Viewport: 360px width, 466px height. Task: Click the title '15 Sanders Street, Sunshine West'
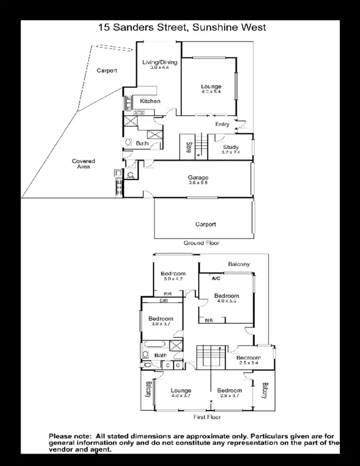[x=182, y=27]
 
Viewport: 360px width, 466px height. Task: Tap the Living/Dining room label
[x=160, y=62]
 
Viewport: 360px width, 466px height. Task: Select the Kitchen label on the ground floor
[x=150, y=101]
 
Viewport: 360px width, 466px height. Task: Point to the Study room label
[x=230, y=147]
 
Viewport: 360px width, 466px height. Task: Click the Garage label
[x=198, y=178]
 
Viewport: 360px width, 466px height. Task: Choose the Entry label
[x=222, y=124]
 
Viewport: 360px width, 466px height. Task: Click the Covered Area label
[x=84, y=164]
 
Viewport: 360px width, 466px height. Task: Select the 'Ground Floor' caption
[x=202, y=243]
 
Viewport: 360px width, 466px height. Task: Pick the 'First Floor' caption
[x=207, y=417]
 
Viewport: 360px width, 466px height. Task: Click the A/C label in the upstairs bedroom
[x=216, y=278]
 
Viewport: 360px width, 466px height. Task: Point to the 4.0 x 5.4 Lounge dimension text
[x=211, y=92]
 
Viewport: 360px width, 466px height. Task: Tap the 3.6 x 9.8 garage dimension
[x=198, y=182]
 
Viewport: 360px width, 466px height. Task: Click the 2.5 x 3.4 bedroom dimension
[x=248, y=363]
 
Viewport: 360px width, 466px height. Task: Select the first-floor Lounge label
[x=180, y=391]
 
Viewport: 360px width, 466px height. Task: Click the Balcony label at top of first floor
[x=239, y=264]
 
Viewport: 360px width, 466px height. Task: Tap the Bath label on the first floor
[x=160, y=355]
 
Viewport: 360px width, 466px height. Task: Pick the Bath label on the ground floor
[x=142, y=143]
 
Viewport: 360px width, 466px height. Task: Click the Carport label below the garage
[x=205, y=224]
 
